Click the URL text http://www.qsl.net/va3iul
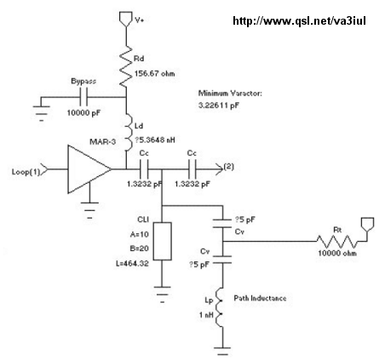click(299, 21)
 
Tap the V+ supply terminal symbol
click(125, 19)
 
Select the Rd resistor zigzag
click(125, 66)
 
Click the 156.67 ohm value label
click(154, 74)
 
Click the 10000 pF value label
click(83, 112)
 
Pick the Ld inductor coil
click(129, 132)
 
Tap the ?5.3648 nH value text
click(155, 140)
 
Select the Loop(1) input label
click(26, 172)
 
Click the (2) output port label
click(229, 167)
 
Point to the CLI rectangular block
click(163, 241)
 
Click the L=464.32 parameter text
click(132, 264)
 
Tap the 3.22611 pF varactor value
click(219, 106)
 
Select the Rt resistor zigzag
click(337, 242)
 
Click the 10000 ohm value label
click(337, 253)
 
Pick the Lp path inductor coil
click(219, 307)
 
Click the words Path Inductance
click(260, 298)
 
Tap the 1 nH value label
click(206, 315)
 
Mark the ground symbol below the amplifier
click(90, 210)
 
